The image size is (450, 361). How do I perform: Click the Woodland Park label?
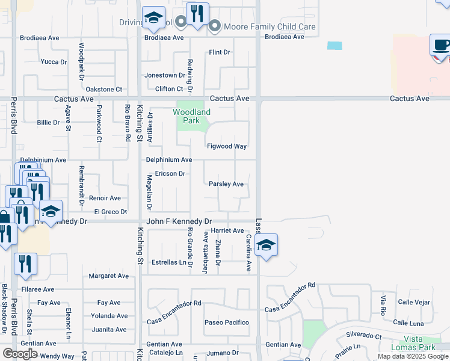tap(192, 116)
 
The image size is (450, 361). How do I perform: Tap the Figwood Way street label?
tap(227, 146)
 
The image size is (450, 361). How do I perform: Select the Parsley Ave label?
tap(226, 184)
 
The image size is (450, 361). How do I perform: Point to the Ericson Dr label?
tap(170, 173)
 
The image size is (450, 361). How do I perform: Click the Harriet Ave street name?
tap(227, 230)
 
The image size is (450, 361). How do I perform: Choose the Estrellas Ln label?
tap(168, 262)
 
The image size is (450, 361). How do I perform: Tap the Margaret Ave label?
tap(109, 276)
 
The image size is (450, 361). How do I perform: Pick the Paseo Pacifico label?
tap(226, 322)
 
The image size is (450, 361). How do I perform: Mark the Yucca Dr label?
tap(54, 61)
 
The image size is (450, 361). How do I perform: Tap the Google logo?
tap(19, 354)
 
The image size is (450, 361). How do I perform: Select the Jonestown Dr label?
tap(164, 75)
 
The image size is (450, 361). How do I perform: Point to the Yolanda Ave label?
tap(109, 316)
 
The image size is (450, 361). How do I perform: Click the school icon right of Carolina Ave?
tap(266, 244)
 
